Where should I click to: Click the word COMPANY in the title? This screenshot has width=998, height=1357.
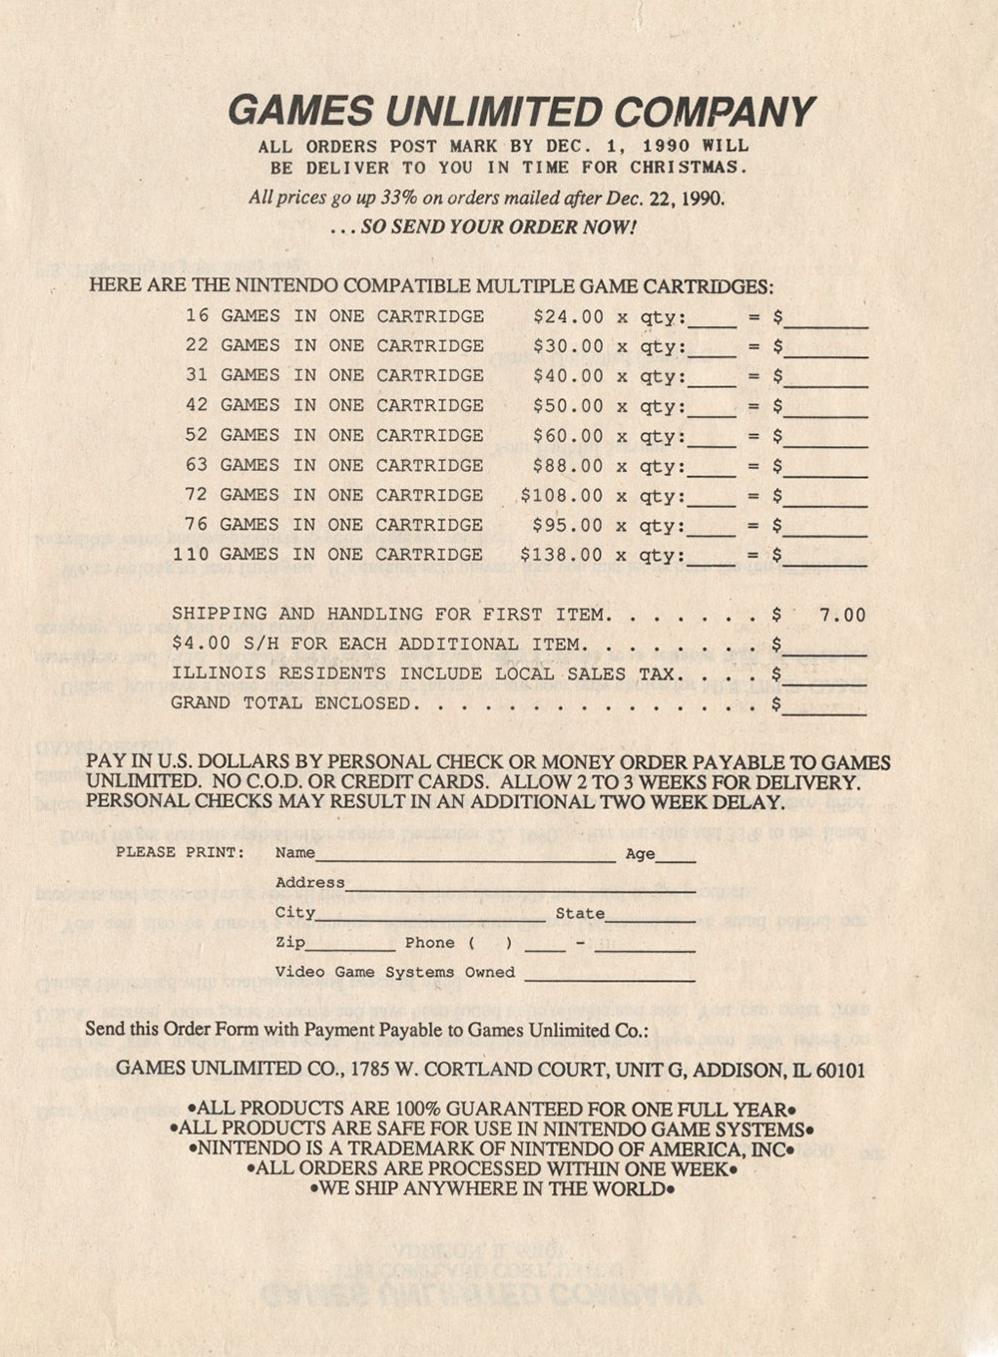[x=714, y=111]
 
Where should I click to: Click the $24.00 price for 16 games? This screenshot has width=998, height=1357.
[x=568, y=317]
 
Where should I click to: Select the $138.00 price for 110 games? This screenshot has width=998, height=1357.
[x=561, y=555]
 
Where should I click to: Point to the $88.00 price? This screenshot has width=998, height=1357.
[x=568, y=466]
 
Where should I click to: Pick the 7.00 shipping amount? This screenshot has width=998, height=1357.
[x=842, y=615]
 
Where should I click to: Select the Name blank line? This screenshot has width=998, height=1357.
[x=465, y=856]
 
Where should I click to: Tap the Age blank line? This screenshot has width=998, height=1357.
[x=676, y=856]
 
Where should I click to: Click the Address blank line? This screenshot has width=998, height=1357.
[x=519, y=886]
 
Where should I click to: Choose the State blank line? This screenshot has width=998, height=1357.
[x=650, y=916]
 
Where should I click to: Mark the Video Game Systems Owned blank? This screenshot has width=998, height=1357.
[x=609, y=976]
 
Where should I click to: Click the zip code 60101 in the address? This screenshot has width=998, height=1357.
[x=840, y=1071]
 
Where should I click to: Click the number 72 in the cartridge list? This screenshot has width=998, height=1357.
[x=197, y=495]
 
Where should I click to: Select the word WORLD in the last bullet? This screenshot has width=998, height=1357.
[x=628, y=1189]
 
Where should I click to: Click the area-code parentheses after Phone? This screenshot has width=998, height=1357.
[x=489, y=943]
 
